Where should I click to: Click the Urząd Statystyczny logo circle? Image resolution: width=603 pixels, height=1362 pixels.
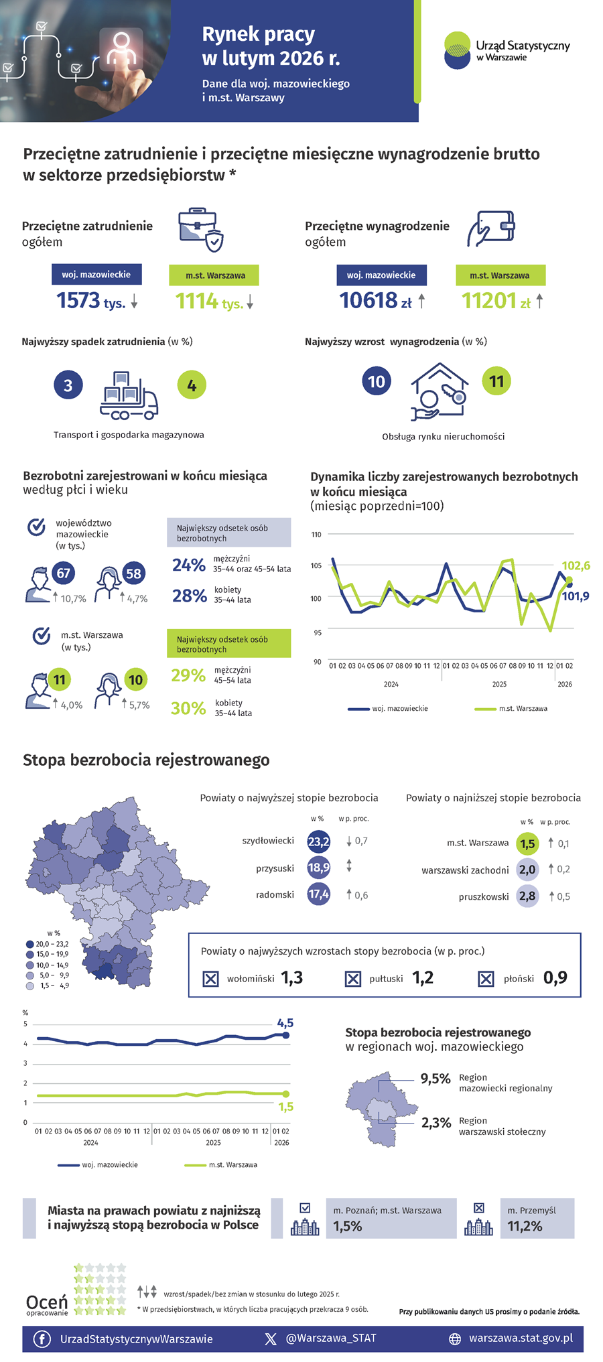pyautogui.click(x=458, y=50)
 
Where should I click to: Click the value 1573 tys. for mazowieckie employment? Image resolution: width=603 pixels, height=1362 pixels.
pyautogui.click(x=90, y=301)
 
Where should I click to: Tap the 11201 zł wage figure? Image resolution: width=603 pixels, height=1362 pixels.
pyautogui.click(x=496, y=301)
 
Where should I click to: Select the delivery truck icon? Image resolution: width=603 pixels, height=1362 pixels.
pyautogui.click(x=129, y=397)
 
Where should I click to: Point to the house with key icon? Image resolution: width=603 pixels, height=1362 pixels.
pyautogui.click(x=439, y=392)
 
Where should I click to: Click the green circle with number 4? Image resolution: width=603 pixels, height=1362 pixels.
pyautogui.click(x=192, y=385)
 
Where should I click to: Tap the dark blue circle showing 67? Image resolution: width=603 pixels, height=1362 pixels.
pyautogui.click(x=63, y=573)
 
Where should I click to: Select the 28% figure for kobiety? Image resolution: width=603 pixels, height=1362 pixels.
pyautogui.click(x=189, y=596)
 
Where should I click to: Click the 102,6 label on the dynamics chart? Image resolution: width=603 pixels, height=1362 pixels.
pyautogui.click(x=576, y=566)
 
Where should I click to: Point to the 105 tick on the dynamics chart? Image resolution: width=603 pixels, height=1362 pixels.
pyautogui.click(x=316, y=565)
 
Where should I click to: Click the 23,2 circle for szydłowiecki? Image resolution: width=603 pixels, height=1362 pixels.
pyautogui.click(x=318, y=841)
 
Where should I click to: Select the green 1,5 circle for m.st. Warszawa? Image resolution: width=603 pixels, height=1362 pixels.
pyautogui.click(x=527, y=844)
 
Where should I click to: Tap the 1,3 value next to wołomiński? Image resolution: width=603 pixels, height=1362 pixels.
pyautogui.click(x=292, y=978)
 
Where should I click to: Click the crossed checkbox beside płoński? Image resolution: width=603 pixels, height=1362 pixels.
pyautogui.click(x=486, y=979)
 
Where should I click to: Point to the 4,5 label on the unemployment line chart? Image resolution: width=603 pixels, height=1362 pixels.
pyautogui.click(x=285, y=1023)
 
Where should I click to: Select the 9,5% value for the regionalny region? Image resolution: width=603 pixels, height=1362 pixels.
pyautogui.click(x=435, y=1079)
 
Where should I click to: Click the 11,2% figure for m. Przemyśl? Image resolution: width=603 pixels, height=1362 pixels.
pyautogui.click(x=525, y=1226)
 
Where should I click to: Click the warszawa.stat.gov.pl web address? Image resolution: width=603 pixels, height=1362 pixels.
pyautogui.click(x=521, y=1338)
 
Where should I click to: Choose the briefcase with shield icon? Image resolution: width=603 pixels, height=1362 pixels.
pyautogui.click(x=200, y=230)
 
